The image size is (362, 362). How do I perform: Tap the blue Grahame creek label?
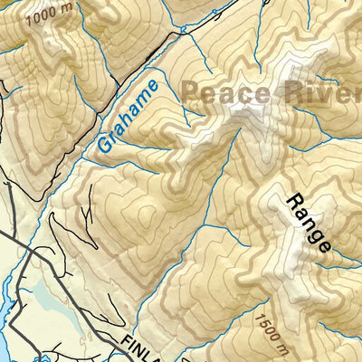pos(127,116)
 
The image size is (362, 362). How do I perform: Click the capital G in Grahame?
pos(101,145)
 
